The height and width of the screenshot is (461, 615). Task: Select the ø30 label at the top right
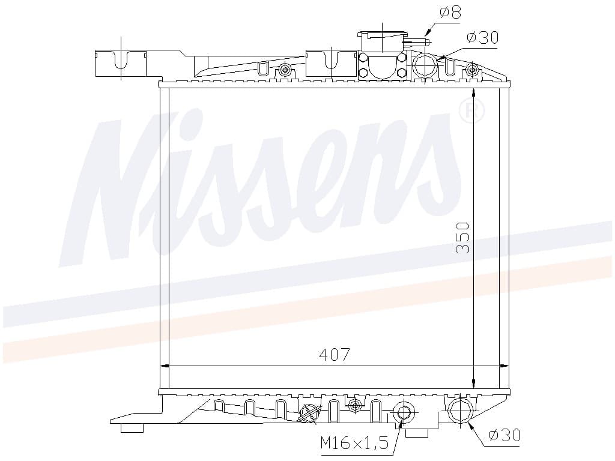(482, 38)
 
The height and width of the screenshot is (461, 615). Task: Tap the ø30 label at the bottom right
(504, 435)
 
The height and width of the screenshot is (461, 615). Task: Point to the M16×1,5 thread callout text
(354, 443)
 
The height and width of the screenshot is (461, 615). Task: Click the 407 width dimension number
(334, 355)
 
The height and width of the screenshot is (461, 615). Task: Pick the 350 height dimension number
(463, 238)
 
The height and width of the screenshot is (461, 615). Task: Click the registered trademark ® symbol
(471, 111)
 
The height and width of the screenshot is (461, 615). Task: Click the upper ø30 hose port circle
(426, 65)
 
